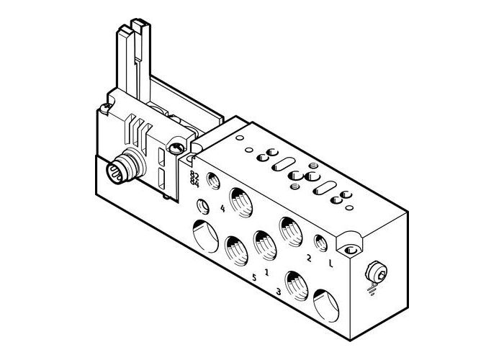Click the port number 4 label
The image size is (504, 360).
point(222,210)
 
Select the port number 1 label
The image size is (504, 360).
point(267,272)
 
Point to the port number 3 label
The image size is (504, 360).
point(278,292)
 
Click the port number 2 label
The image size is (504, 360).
point(308,258)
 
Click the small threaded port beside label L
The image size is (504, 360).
point(320,242)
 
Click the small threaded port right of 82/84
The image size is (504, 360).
point(212,180)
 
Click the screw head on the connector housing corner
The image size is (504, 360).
point(176,148)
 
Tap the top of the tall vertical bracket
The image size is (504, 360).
point(135,29)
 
